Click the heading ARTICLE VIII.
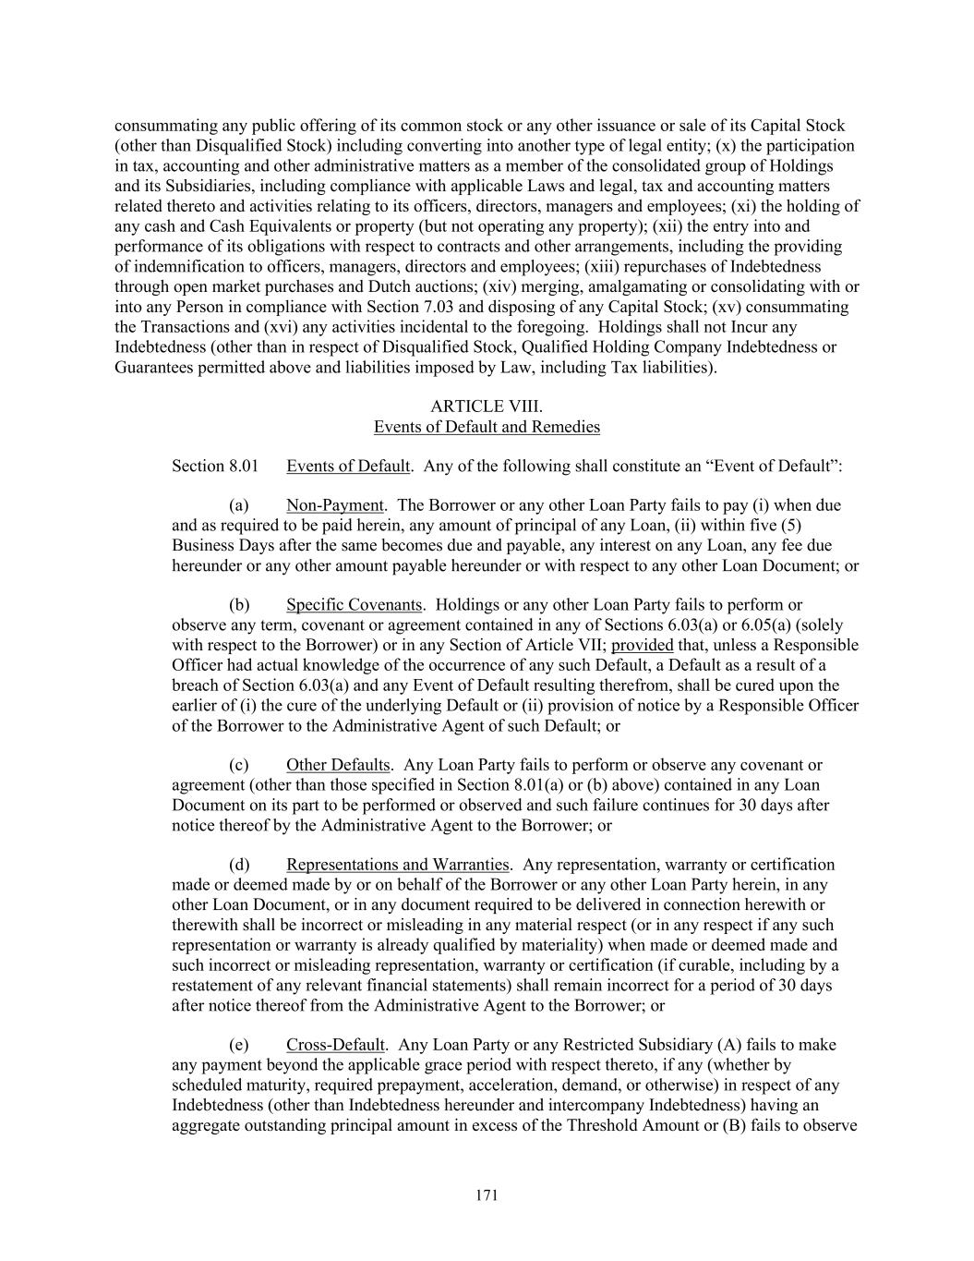487,406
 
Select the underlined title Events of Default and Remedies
487,427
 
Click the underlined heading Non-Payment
334,505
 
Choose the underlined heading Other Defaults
338,765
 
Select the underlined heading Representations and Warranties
397,865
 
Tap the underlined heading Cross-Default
335,1045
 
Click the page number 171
487,1195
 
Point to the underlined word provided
642,645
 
